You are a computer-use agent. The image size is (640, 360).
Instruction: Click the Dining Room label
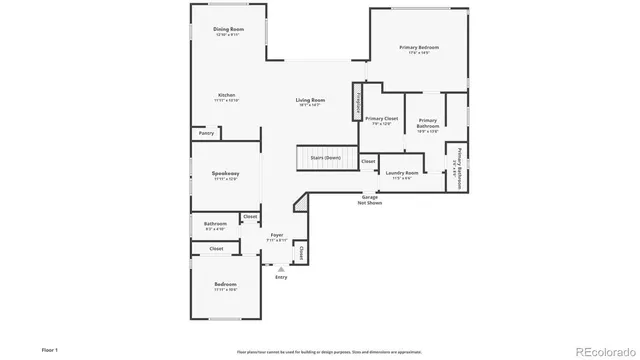point(229,30)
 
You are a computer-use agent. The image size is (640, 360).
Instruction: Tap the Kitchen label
point(227,96)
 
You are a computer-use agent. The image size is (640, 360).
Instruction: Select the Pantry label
point(206,133)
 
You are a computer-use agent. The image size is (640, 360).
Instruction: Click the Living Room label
point(309,100)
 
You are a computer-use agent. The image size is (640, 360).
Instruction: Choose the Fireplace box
point(354,100)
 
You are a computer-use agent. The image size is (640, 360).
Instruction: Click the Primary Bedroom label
point(419,47)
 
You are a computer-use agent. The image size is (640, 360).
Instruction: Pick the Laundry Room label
point(400,173)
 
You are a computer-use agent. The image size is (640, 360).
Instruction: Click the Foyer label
point(277,235)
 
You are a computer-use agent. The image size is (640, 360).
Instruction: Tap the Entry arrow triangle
point(281,268)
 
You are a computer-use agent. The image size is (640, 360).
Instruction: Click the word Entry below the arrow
point(281,277)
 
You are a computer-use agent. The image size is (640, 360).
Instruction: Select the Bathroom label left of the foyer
point(215,223)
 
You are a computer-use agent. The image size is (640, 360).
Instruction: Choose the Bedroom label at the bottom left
point(225,285)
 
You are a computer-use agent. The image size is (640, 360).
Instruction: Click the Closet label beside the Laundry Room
point(368,160)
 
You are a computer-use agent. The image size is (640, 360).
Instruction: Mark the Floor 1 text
point(50,350)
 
